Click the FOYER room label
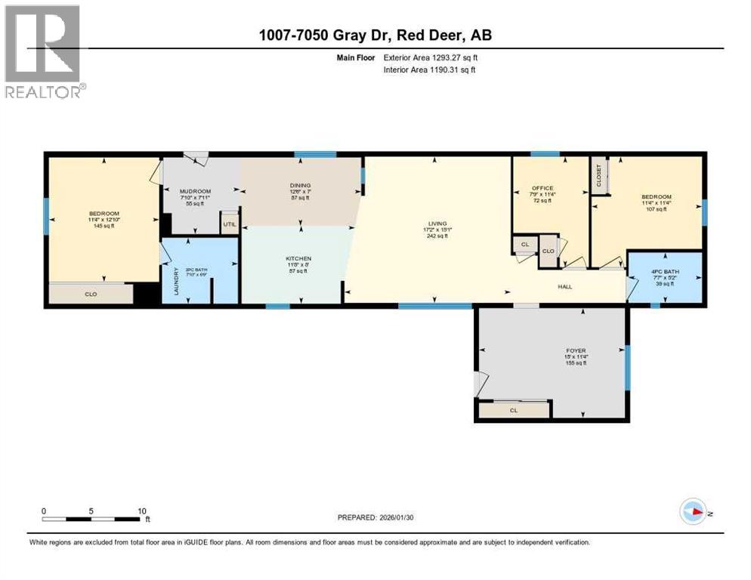click(x=576, y=350)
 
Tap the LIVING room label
click(x=437, y=224)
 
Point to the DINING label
click(x=301, y=185)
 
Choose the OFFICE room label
click(x=542, y=188)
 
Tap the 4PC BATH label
click(x=665, y=270)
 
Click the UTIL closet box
click(x=229, y=224)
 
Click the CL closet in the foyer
click(x=513, y=410)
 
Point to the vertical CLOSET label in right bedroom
click(x=599, y=176)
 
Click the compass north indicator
click(x=694, y=512)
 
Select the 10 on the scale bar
click(x=141, y=511)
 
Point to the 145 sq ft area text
click(x=99, y=226)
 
